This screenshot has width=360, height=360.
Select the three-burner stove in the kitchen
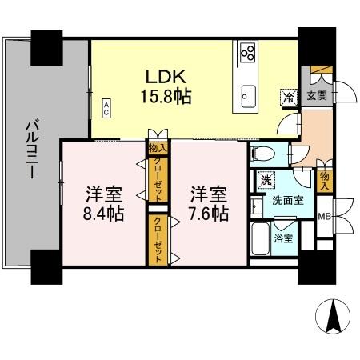pyautogui.click(x=248, y=54)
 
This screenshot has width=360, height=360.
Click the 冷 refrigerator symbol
pyautogui.click(x=287, y=95)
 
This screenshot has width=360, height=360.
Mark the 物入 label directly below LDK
pyautogui.click(x=156, y=147)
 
